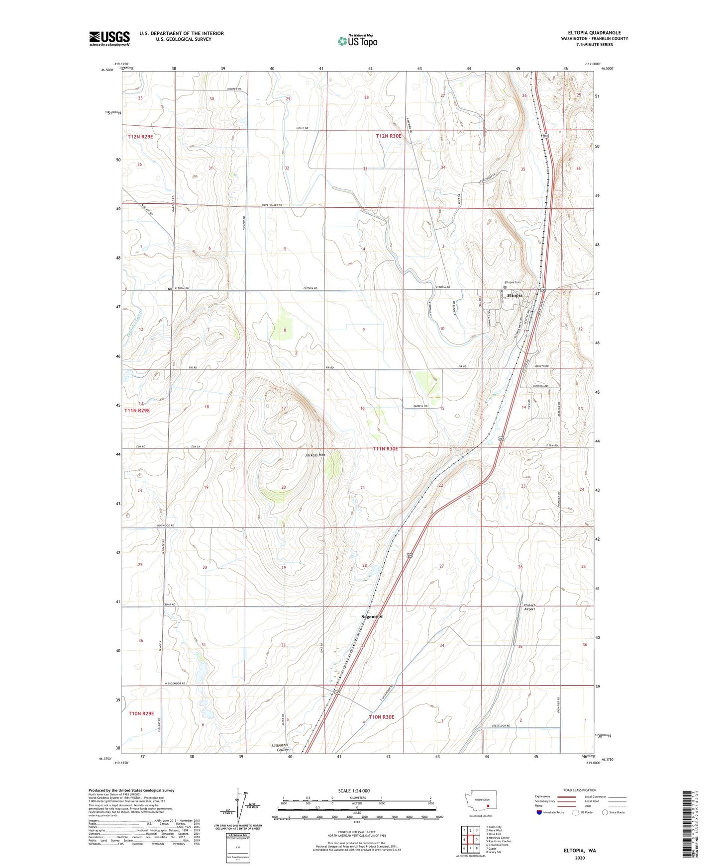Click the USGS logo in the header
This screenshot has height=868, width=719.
click(x=109, y=38)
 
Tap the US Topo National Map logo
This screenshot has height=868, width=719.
click(x=357, y=40)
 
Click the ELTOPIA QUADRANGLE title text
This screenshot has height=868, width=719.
click(x=594, y=33)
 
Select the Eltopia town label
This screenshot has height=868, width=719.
click(x=514, y=295)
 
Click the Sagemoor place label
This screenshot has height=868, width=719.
click(x=372, y=616)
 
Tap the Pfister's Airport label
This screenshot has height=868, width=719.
click(x=529, y=607)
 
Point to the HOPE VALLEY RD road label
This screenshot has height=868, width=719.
click(x=272, y=205)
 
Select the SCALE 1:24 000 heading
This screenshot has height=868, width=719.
click(x=354, y=790)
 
